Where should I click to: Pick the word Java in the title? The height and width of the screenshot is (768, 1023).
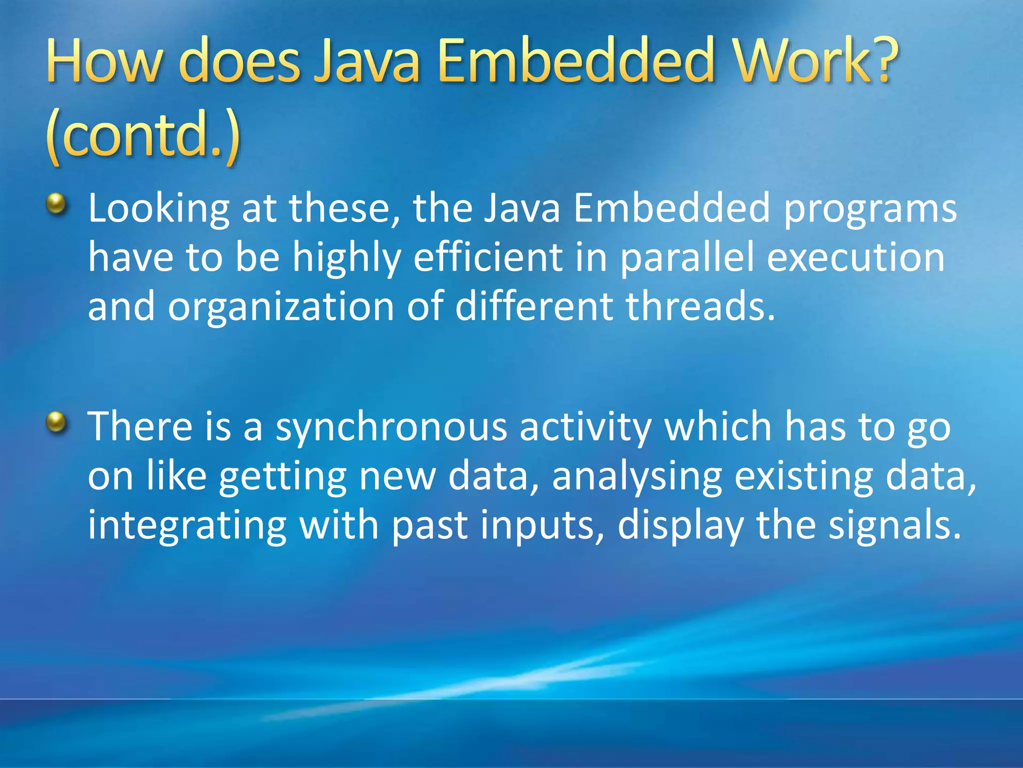click(367, 61)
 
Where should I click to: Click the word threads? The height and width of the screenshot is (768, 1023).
click(700, 306)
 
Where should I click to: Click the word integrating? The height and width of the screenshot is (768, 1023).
click(187, 526)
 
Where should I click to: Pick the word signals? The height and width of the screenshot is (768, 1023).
click(894, 526)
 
